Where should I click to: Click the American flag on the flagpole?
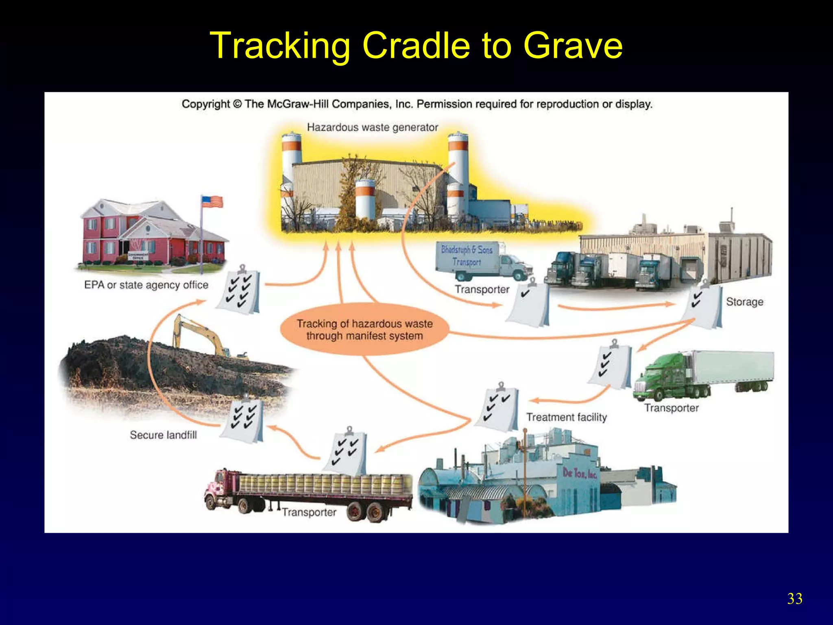click(212, 201)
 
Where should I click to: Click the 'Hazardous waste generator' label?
click(372, 127)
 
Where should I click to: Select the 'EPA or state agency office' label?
click(146, 285)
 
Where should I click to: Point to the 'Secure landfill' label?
click(163, 435)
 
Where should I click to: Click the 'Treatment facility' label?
click(567, 417)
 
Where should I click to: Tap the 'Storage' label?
click(744, 302)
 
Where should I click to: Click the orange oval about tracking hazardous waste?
click(364, 330)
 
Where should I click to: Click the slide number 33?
click(794, 599)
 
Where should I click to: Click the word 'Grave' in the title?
click(573, 46)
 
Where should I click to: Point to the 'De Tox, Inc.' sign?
click(579, 473)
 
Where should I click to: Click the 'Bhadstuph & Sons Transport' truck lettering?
click(467, 255)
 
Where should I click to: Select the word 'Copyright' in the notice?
click(206, 104)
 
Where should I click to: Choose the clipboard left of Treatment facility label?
click(498, 407)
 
